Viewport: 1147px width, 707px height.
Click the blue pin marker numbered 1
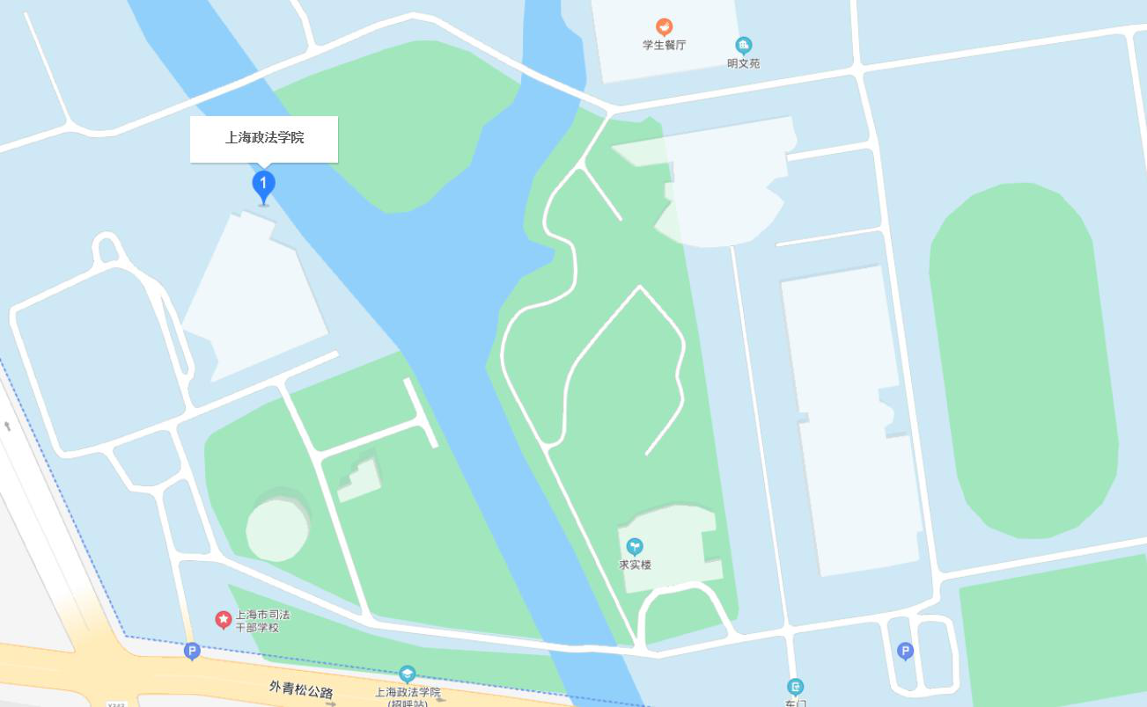point(263,186)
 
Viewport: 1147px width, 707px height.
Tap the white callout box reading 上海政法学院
point(264,138)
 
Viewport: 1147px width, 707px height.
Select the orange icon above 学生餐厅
point(664,27)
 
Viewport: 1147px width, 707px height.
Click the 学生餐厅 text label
point(664,45)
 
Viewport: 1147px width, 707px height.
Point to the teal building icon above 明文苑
point(744,45)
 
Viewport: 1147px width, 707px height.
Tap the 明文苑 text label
point(743,63)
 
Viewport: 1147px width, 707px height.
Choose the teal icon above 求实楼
point(634,547)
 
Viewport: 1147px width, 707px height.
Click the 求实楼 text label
point(635,565)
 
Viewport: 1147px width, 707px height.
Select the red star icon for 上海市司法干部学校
point(224,620)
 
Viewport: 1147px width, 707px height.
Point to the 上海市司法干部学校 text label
point(262,621)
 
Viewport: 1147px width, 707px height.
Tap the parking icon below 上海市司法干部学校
point(192,651)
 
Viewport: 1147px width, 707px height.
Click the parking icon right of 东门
point(905,651)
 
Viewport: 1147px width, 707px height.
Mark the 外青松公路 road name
point(301,690)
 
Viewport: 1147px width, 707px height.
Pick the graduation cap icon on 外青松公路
point(407,674)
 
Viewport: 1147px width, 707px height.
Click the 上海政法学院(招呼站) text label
point(408,696)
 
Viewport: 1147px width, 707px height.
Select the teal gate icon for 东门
point(795,686)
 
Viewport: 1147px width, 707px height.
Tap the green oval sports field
point(1023,361)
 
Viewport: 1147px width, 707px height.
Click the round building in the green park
point(278,528)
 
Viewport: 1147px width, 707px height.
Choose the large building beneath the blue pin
point(255,295)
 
